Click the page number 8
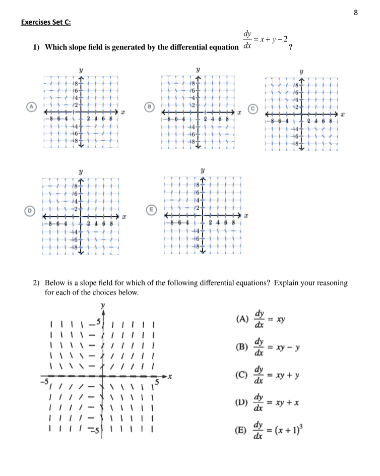click(x=355, y=13)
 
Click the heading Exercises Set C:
click(x=49, y=22)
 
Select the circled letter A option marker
click(x=31, y=106)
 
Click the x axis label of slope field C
click(x=343, y=115)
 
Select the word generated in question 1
click(x=116, y=47)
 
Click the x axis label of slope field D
click(x=123, y=217)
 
